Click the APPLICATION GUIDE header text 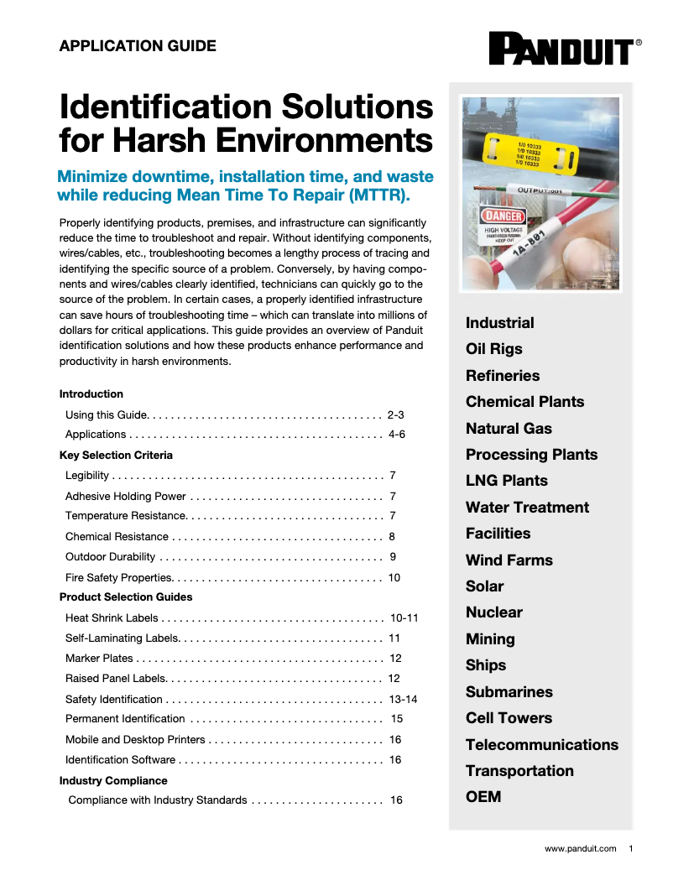tap(138, 46)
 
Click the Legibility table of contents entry tap(87, 476)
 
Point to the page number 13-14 tap(403, 699)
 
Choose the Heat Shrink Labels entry tap(112, 617)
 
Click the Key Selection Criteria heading tap(116, 455)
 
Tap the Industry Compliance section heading tap(113, 780)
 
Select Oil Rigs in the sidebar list tap(493, 349)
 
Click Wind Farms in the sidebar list tap(509, 560)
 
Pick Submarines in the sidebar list tap(509, 692)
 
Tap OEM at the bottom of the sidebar tap(483, 797)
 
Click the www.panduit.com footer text tap(580, 849)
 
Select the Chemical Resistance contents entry tap(117, 536)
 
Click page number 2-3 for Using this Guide tap(396, 414)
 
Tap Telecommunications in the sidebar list tap(541, 745)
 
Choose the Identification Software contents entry tap(120, 759)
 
